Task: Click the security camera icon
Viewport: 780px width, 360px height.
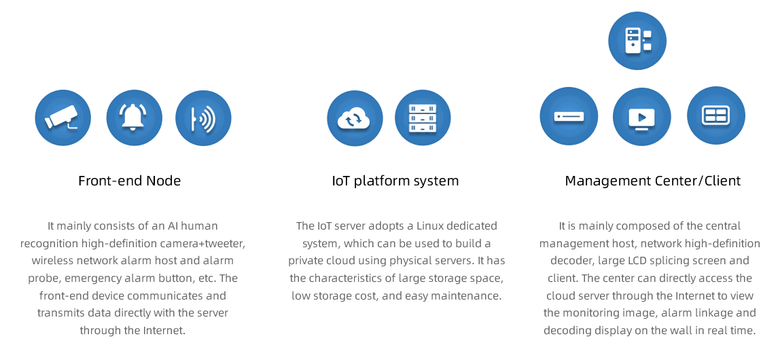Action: [63, 118]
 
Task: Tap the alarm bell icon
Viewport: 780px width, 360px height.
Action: [134, 118]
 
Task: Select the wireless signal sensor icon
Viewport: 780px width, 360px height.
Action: [203, 118]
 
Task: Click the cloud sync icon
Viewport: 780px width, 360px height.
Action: [355, 118]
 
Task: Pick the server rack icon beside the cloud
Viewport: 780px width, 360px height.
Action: [423, 118]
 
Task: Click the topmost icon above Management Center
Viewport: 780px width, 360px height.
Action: [637, 40]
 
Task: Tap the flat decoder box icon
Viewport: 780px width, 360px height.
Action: [569, 116]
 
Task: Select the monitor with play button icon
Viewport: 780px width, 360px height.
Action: [641, 116]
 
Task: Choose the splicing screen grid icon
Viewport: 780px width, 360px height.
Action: [715, 115]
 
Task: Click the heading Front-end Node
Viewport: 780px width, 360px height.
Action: [129, 181]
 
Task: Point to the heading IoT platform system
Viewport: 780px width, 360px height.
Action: [395, 181]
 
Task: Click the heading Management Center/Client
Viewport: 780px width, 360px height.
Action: [652, 181]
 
